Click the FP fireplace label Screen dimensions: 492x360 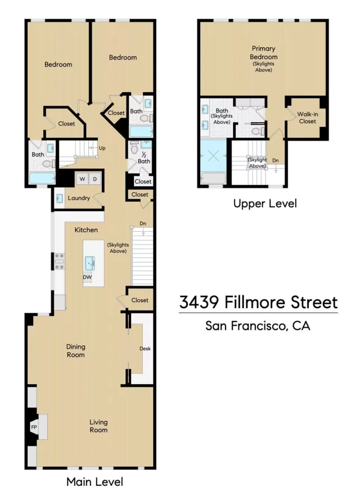(33, 427)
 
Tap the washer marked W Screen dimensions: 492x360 (82, 179)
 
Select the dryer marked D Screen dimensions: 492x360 (95, 179)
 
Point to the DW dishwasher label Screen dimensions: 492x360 (87, 277)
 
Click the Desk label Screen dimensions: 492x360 (145, 349)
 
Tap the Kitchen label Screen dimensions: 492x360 (87, 230)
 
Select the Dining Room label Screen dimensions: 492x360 (75, 351)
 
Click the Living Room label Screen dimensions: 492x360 (98, 426)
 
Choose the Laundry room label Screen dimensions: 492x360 (79, 198)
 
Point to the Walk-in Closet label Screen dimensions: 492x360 (307, 118)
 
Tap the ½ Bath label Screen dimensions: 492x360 (144, 159)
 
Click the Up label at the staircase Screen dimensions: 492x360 (102, 148)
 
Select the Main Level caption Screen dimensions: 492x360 (94, 482)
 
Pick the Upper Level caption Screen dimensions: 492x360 (265, 204)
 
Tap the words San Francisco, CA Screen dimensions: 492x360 (258, 326)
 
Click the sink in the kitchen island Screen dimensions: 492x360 (90, 263)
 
